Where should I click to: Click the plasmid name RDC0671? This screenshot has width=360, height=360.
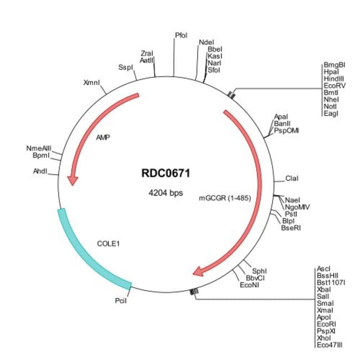166,173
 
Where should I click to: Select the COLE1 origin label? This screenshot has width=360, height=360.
108,243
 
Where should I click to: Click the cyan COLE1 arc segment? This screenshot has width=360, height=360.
89,252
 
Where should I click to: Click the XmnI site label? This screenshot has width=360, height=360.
91,83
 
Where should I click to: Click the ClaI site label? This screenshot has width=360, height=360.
292,178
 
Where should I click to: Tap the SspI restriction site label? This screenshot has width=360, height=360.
126,68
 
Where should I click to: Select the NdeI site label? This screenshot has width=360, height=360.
206,42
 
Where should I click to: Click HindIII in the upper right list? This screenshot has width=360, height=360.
334,79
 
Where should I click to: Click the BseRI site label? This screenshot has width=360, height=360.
290,227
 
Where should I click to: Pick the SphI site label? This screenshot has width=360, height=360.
259,271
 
